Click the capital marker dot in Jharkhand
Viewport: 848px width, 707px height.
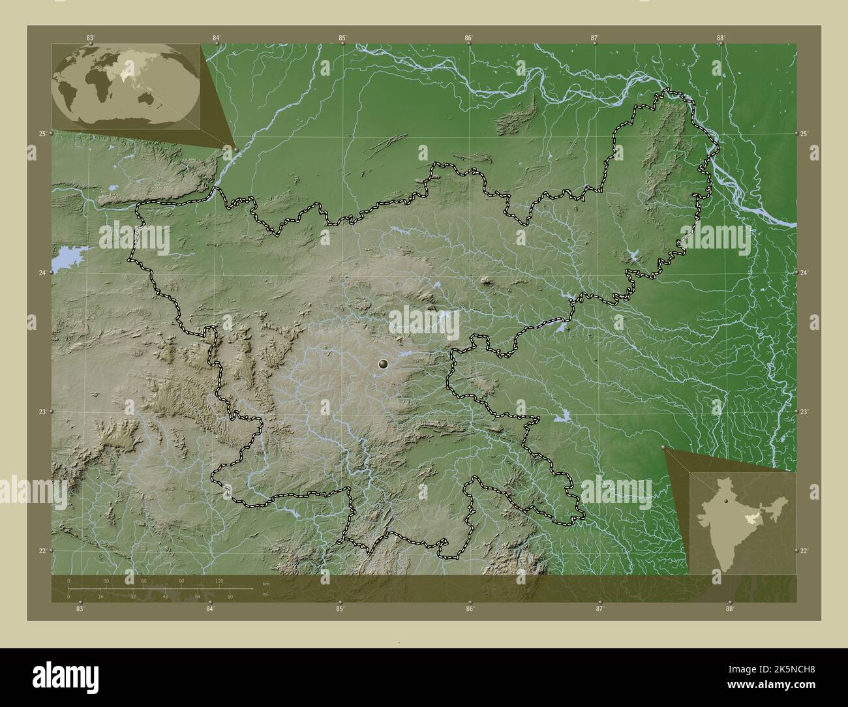[383, 364]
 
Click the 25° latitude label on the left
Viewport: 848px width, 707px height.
[42, 134]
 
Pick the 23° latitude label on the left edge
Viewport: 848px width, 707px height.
[42, 412]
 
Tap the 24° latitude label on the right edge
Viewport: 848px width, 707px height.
[805, 273]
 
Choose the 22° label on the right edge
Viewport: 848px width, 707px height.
[805, 551]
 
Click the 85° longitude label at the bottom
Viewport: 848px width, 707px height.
[340, 609]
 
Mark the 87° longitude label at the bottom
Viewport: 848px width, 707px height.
[599, 609]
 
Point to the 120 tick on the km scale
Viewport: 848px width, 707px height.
[219, 580]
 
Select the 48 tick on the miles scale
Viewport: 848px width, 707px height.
[166, 596]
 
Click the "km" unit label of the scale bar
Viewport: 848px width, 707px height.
[265, 584]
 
